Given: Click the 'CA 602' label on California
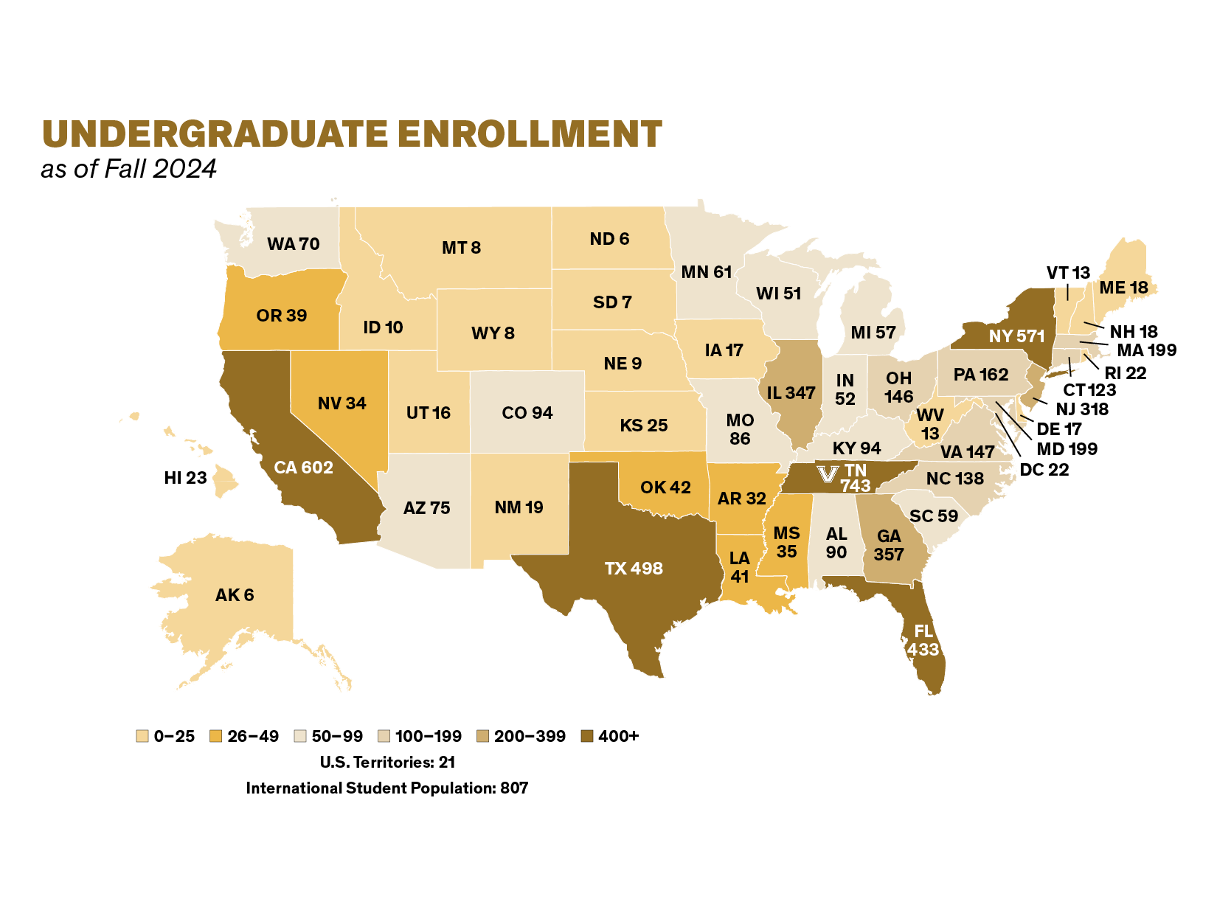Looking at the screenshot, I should (x=303, y=468).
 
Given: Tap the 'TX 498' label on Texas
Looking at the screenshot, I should (x=634, y=569).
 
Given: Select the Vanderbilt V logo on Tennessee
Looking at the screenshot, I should (x=828, y=473).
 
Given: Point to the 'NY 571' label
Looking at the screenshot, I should (x=1016, y=336).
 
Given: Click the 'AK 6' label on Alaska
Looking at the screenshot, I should (x=235, y=595).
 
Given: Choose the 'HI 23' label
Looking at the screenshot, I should (x=185, y=478).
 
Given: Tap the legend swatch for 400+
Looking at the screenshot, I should (x=587, y=736).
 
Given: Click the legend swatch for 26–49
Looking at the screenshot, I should (x=216, y=736).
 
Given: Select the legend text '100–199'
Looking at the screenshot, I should (x=428, y=736).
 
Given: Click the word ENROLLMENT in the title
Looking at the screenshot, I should (x=530, y=134).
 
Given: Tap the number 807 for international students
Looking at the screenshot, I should (x=514, y=788).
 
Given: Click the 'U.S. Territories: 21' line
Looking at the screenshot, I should (x=387, y=762).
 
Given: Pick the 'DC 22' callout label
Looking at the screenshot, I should (x=1044, y=470).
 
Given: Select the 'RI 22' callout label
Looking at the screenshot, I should (x=1125, y=373).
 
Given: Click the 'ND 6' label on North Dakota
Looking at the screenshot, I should (x=609, y=239).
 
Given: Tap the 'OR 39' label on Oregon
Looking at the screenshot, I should (x=282, y=316).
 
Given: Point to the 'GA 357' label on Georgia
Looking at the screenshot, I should (x=889, y=546).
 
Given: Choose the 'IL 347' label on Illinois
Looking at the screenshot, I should (x=791, y=393).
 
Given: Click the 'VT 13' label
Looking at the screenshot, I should (x=1068, y=273).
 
